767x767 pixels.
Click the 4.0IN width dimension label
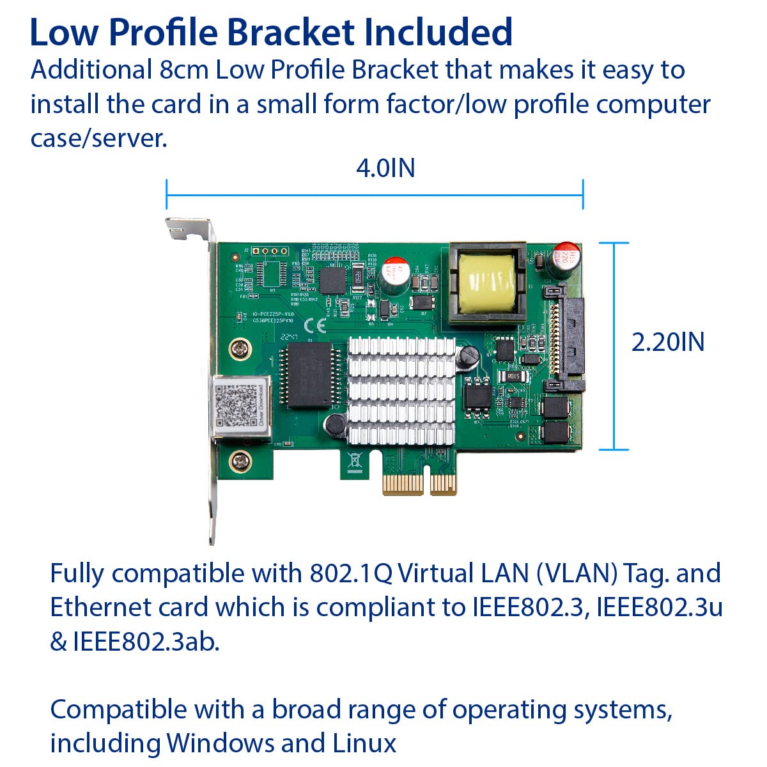tap(385, 168)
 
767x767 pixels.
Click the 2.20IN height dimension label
tap(667, 342)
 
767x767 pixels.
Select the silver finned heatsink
tap(401, 390)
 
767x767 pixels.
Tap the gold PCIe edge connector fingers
tap(419, 484)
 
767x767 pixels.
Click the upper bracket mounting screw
tap(240, 349)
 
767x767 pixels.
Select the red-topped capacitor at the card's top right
tap(567, 256)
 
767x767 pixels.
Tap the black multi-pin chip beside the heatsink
tap(310, 375)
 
